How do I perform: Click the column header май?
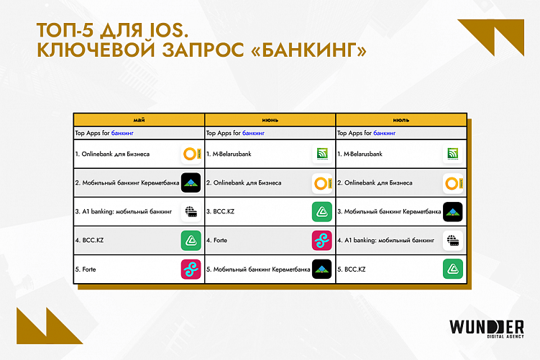pyautogui.click(x=138, y=119)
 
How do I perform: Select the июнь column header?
pyautogui.click(x=270, y=119)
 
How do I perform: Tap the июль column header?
pyautogui.click(x=401, y=119)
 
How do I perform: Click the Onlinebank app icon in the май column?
pyautogui.click(x=191, y=154)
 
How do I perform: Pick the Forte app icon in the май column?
pyautogui.click(x=191, y=269)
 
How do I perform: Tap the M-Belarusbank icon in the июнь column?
pyautogui.click(x=321, y=154)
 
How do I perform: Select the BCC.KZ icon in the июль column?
pyautogui.click(x=452, y=269)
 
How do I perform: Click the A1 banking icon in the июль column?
pyautogui.click(x=452, y=240)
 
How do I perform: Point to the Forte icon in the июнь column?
pyautogui.click(x=321, y=240)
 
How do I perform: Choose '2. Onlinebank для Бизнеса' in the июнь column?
pyautogui.click(x=244, y=183)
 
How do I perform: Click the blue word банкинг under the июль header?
pyautogui.click(x=385, y=134)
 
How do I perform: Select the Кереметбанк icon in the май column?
pyautogui.click(x=191, y=183)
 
